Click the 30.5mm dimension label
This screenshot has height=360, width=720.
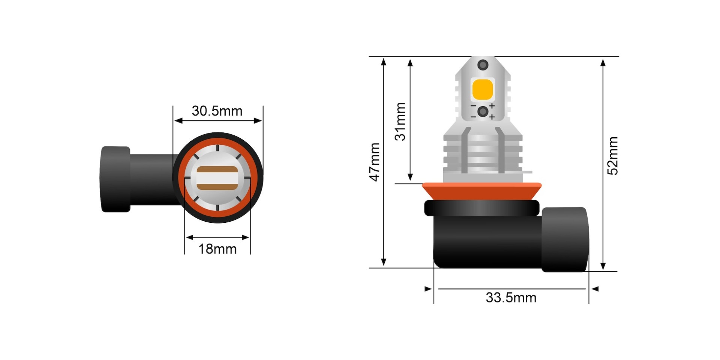coord(217,111)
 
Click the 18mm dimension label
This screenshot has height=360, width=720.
coord(217,249)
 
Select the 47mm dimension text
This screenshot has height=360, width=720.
coord(375,162)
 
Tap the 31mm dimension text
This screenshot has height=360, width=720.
coord(400,121)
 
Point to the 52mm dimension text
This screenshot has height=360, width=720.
coord(612,156)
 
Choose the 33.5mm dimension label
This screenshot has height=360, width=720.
coord(511,298)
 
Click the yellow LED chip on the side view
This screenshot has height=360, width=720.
coord(482,90)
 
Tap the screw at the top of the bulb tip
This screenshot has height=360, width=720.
coord(483,65)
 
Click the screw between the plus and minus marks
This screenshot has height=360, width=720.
coord(483,111)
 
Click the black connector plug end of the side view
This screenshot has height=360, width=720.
coord(564,239)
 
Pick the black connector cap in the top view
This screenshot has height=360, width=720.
coord(115,179)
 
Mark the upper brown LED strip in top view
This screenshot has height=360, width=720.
coord(217,169)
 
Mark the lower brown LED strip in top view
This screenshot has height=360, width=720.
coord(217,187)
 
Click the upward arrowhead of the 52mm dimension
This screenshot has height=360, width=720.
coord(603,62)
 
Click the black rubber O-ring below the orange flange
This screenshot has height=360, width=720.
coord(482,208)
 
